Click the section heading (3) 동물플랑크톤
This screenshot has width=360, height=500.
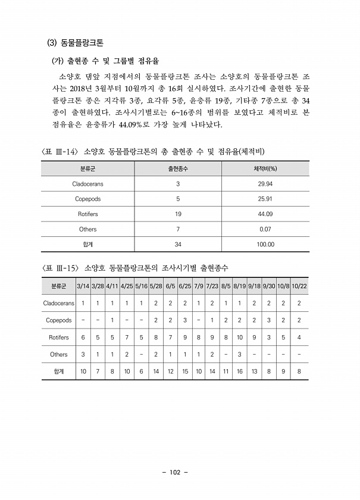(x=75, y=43)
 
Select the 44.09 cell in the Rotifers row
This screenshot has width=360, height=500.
(x=265, y=214)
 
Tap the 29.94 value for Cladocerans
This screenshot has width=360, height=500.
(x=265, y=184)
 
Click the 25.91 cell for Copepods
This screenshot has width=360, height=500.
(x=265, y=199)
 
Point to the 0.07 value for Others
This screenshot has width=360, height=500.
(x=265, y=229)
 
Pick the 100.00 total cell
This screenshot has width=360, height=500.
(x=265, y=244)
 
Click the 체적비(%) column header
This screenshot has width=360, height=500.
(x=265, y=168)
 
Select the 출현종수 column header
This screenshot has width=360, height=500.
(x=178, y=168)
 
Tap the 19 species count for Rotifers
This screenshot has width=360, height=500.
(x=178, y=214)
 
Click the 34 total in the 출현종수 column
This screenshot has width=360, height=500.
(x=178, y=244)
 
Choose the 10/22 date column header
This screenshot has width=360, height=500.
(x=299, y=286)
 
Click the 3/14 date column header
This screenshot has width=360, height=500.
(x=83, y=286)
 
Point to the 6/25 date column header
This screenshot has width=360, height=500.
(x=184, y=286)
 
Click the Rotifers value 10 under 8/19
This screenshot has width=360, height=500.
(x=240, y=337)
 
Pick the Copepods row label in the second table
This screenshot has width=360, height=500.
(x=58, y=320)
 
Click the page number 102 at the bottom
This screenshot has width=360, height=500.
(x=175, y=473)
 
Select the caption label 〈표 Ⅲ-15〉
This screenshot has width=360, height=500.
(x=60, y=268)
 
